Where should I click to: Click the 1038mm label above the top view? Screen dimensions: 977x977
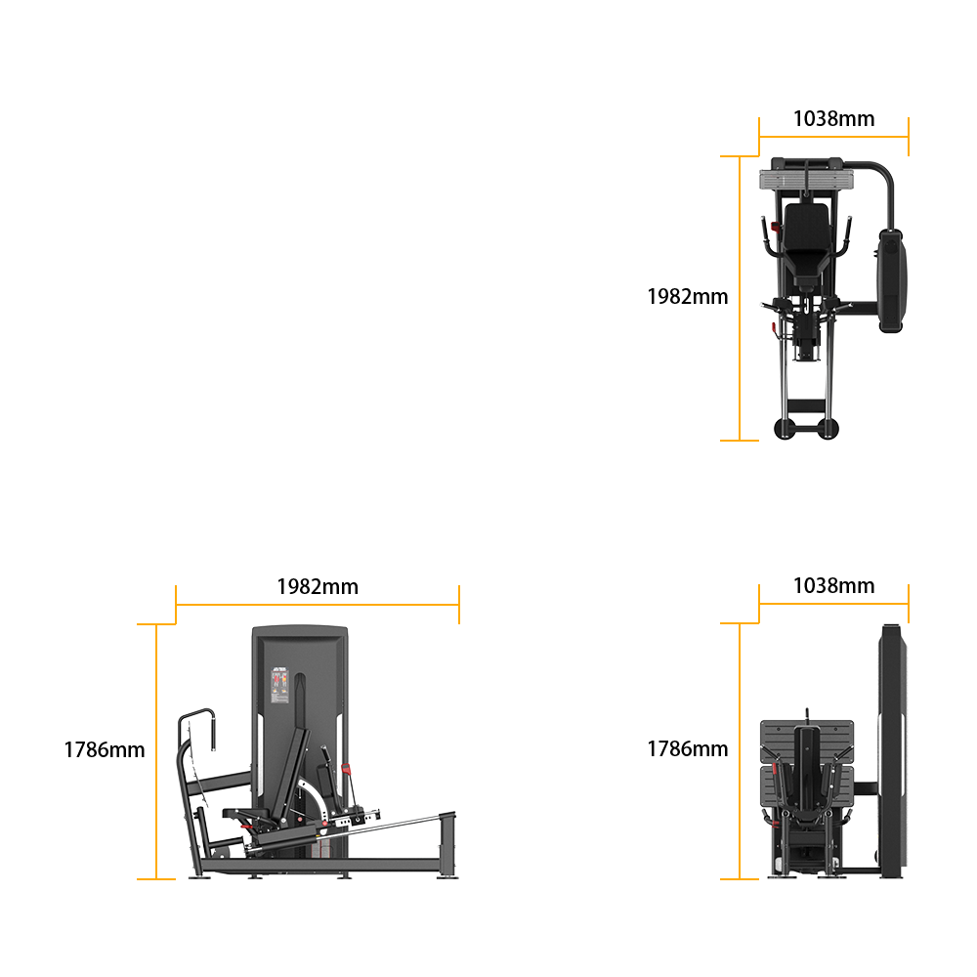pos(833,118)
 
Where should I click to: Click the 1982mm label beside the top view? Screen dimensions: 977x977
pos(687,297)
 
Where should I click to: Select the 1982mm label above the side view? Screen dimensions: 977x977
pos(318,587)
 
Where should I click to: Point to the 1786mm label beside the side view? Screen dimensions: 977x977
pos(105,749)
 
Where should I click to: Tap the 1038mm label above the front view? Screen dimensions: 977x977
pos(833,585)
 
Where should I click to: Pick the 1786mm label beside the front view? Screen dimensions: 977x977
pos(687,749)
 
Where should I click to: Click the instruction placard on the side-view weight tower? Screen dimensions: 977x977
pos(279,686)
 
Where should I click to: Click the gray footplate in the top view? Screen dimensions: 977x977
pos(807,181)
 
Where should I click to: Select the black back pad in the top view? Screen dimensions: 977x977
pos(807,240)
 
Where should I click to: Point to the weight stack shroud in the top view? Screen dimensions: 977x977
pos(892,280)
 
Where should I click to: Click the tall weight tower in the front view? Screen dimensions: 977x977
pos(893,750)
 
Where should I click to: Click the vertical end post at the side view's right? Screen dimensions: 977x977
pos(447,844)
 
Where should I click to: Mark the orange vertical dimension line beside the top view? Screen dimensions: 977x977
pos(740,298)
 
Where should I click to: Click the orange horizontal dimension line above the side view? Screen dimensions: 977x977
pos(318,605)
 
